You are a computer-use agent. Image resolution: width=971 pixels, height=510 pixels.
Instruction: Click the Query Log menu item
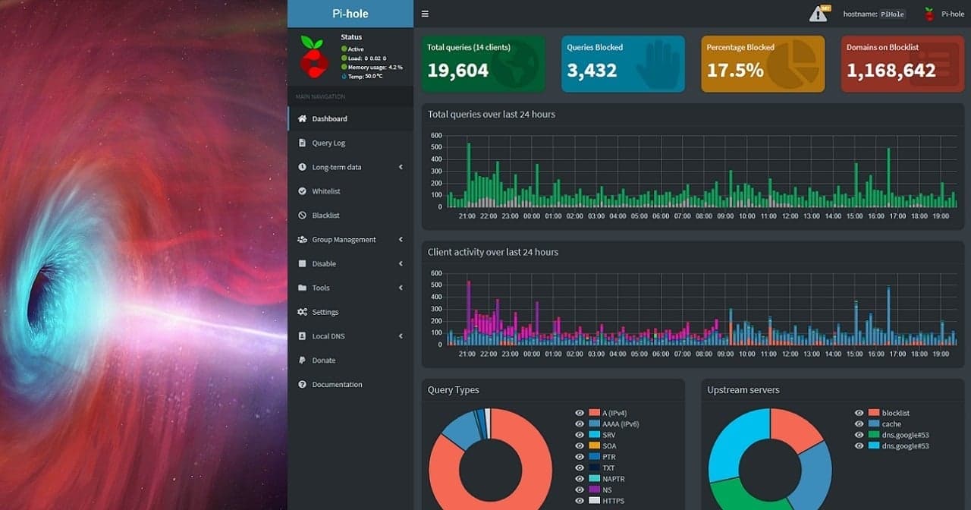(x=328, y=143)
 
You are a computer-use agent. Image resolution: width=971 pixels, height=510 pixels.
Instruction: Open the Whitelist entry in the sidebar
(x=326, y=191)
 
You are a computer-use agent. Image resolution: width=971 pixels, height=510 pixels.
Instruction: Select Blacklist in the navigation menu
(x=325, y=216)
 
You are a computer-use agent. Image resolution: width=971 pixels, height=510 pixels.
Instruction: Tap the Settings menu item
(x=325, y=312)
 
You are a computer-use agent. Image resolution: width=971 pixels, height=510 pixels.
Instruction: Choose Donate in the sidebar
(x=323, y=360)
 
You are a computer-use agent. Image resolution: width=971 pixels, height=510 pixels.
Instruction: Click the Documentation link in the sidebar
(x=337, y=385)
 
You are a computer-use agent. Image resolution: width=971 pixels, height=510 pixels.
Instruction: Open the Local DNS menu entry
(x=329, y=336)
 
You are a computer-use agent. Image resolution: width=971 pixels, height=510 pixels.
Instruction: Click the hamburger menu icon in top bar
(x=425, y=14)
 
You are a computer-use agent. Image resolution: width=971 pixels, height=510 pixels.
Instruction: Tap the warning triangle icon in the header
(x=818, y=14)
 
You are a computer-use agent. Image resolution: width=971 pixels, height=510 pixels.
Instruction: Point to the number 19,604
(x=457, y=71)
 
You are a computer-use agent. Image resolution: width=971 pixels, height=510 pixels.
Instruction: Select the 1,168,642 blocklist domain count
(x=891, y=71)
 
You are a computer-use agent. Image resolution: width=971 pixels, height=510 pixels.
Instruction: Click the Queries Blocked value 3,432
(x=592, y=71)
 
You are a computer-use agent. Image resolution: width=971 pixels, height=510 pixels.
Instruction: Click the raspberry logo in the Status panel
(x=313, y=56)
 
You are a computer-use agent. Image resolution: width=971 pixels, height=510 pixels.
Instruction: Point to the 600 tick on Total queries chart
(x=436, y=136)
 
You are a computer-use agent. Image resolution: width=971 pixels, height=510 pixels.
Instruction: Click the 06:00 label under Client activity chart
(x=661, y=354)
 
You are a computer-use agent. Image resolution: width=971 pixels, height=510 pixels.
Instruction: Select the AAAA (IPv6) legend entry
(x=620, y=423)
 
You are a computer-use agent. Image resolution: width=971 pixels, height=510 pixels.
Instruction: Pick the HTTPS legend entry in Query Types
(x=614, y=501)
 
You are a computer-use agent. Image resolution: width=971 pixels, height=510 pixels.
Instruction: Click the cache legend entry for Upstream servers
(x=891, y=424)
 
